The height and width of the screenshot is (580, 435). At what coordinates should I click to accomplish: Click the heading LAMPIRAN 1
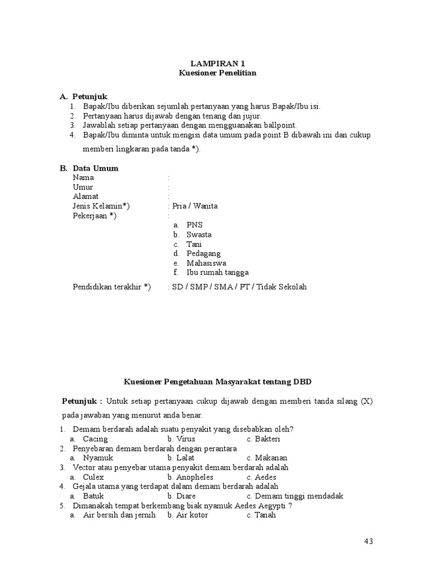point(217,63)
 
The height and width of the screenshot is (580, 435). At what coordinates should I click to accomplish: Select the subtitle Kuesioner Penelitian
point(217,73)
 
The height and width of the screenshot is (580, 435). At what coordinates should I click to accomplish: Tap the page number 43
point(368,541)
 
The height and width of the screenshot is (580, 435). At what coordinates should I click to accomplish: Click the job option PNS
point(195,225)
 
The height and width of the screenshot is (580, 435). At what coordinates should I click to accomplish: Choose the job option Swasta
point(199,234)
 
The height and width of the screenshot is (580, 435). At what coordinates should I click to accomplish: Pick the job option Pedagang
point(203,253)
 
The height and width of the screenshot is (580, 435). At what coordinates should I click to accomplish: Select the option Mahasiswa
point(206,263)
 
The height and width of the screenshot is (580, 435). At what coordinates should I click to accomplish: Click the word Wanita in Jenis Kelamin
point(206,206)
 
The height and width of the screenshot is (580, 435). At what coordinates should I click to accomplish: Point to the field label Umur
point(83,187)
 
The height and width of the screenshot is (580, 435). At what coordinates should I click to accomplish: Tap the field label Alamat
point(86,197)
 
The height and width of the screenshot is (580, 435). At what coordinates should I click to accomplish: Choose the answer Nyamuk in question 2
point(98,458)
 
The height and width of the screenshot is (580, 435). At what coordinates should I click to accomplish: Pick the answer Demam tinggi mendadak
point(299,496)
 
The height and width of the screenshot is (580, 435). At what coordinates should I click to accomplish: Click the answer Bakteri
point(267,439)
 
